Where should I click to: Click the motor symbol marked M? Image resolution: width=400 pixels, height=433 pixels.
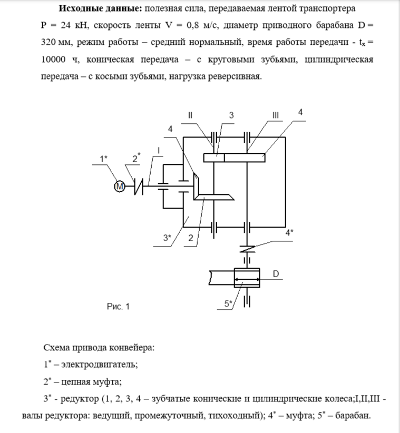tap(120, 185)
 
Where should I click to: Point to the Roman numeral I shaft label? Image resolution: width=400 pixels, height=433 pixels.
tap(158, 150)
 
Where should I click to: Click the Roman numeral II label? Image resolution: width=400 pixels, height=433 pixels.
tap(190, 115)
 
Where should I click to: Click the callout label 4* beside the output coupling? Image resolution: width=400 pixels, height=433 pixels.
tap(289, 232)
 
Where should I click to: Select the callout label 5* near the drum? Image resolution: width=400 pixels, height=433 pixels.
tap(228, 303)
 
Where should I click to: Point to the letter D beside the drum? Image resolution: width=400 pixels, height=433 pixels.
tap(276, 273)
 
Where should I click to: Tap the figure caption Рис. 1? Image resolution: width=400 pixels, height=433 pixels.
tap(118, 307)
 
